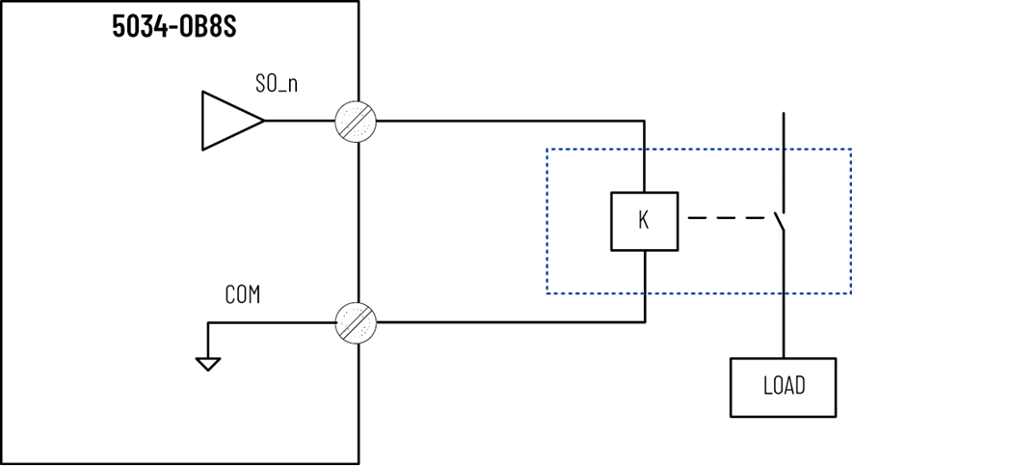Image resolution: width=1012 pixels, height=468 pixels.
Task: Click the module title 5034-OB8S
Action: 173,26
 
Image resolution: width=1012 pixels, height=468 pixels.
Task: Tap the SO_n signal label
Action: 276,83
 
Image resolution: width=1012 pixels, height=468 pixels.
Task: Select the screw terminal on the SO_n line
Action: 356,122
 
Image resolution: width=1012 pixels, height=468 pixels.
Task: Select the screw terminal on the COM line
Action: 356,322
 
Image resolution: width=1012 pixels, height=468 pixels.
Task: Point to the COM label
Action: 242,295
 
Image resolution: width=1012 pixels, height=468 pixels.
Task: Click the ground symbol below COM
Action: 207,363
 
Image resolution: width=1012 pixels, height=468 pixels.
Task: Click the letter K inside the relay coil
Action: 644,221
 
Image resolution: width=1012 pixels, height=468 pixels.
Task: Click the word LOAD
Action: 783,387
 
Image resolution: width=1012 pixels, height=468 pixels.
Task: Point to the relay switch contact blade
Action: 778,220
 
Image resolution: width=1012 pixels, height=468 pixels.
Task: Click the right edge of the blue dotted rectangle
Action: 850,221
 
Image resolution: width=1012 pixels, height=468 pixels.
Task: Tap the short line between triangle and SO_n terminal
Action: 299,122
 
